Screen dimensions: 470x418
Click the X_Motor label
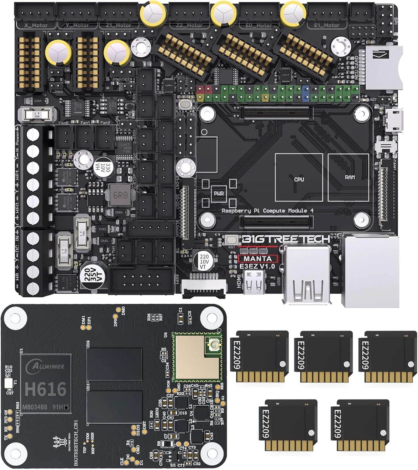click(x=36, y=25)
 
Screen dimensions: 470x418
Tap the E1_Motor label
click(x=327, y=25)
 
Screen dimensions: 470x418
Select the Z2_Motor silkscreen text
click(x=190, y=25)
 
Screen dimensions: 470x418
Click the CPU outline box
click(x=299, y=178)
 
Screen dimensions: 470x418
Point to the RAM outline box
click(x=348, y=177)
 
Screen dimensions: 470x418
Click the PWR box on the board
click(x=219, y=193)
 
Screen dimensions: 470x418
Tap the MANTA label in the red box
click(x=258, y=258)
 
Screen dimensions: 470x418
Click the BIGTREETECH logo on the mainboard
click(x=285, y=239)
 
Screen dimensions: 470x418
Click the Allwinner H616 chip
click(x=46, y=384)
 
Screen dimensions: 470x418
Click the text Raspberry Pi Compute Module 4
click(x=267, y=211)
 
